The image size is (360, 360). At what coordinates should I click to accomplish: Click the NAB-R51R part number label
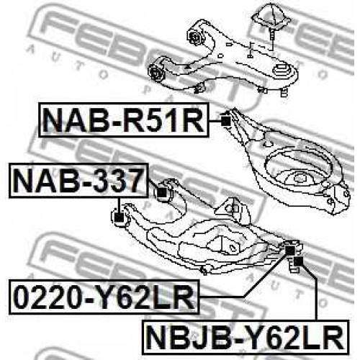124,120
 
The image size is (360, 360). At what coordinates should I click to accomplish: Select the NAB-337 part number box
78,180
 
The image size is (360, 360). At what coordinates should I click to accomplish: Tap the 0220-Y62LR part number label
104,297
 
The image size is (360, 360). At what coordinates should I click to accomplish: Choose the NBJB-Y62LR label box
245,337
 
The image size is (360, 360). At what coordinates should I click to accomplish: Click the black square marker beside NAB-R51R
225,121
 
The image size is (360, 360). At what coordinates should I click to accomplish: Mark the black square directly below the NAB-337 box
119,217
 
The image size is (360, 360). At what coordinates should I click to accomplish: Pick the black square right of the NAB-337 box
162,192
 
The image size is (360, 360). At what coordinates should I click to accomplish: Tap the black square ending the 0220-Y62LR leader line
290,251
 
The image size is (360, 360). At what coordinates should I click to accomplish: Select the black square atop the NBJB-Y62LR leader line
298,261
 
